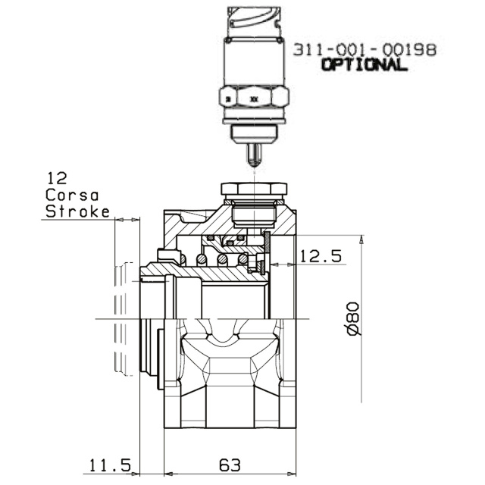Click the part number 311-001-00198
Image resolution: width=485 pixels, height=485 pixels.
[365, 50]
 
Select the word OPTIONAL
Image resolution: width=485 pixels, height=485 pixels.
[364, 65]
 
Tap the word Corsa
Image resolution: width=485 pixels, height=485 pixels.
[72, 196]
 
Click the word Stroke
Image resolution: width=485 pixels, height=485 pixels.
[77, 211]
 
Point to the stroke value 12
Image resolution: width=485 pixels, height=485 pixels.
[57, 179]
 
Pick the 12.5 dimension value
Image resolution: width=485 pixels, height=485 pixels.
[321, 256]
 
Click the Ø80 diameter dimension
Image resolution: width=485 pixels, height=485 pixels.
[354, 319]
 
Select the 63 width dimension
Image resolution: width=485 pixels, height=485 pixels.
[230, 465]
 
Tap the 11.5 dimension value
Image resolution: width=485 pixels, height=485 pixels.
[111, 465]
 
